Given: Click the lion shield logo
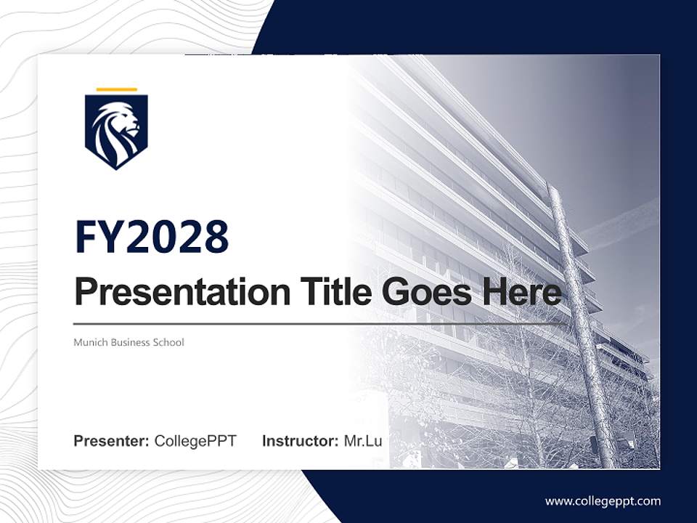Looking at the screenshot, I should tap(116, 131).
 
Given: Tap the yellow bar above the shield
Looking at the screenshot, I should tap(116, 89).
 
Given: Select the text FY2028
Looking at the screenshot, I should tap(152, 237).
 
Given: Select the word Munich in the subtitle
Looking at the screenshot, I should tap(91, 342).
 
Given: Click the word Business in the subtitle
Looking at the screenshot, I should tap(130, 342).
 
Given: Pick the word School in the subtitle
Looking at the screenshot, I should tap(168, 342).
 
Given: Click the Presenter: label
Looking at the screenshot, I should tap(112, 441).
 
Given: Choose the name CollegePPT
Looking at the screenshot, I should tap(195, 441).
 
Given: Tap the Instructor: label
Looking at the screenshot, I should tap(300, 441).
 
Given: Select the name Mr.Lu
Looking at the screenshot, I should tap(363, 441).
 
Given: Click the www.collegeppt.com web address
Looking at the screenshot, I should tap(603, 501).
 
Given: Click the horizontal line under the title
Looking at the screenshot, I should tap(290, 323).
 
